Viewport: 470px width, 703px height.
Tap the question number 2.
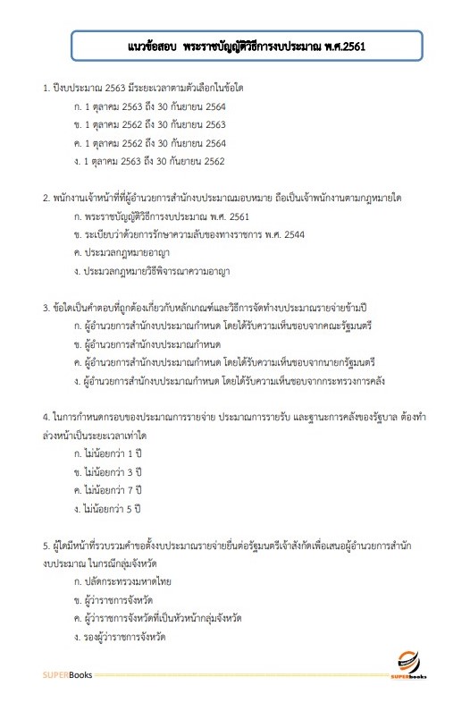tap(46, 198)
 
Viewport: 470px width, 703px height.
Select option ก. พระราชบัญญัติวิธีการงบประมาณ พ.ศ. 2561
tap(165, 217)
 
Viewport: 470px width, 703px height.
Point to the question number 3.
tap(46, 309)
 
